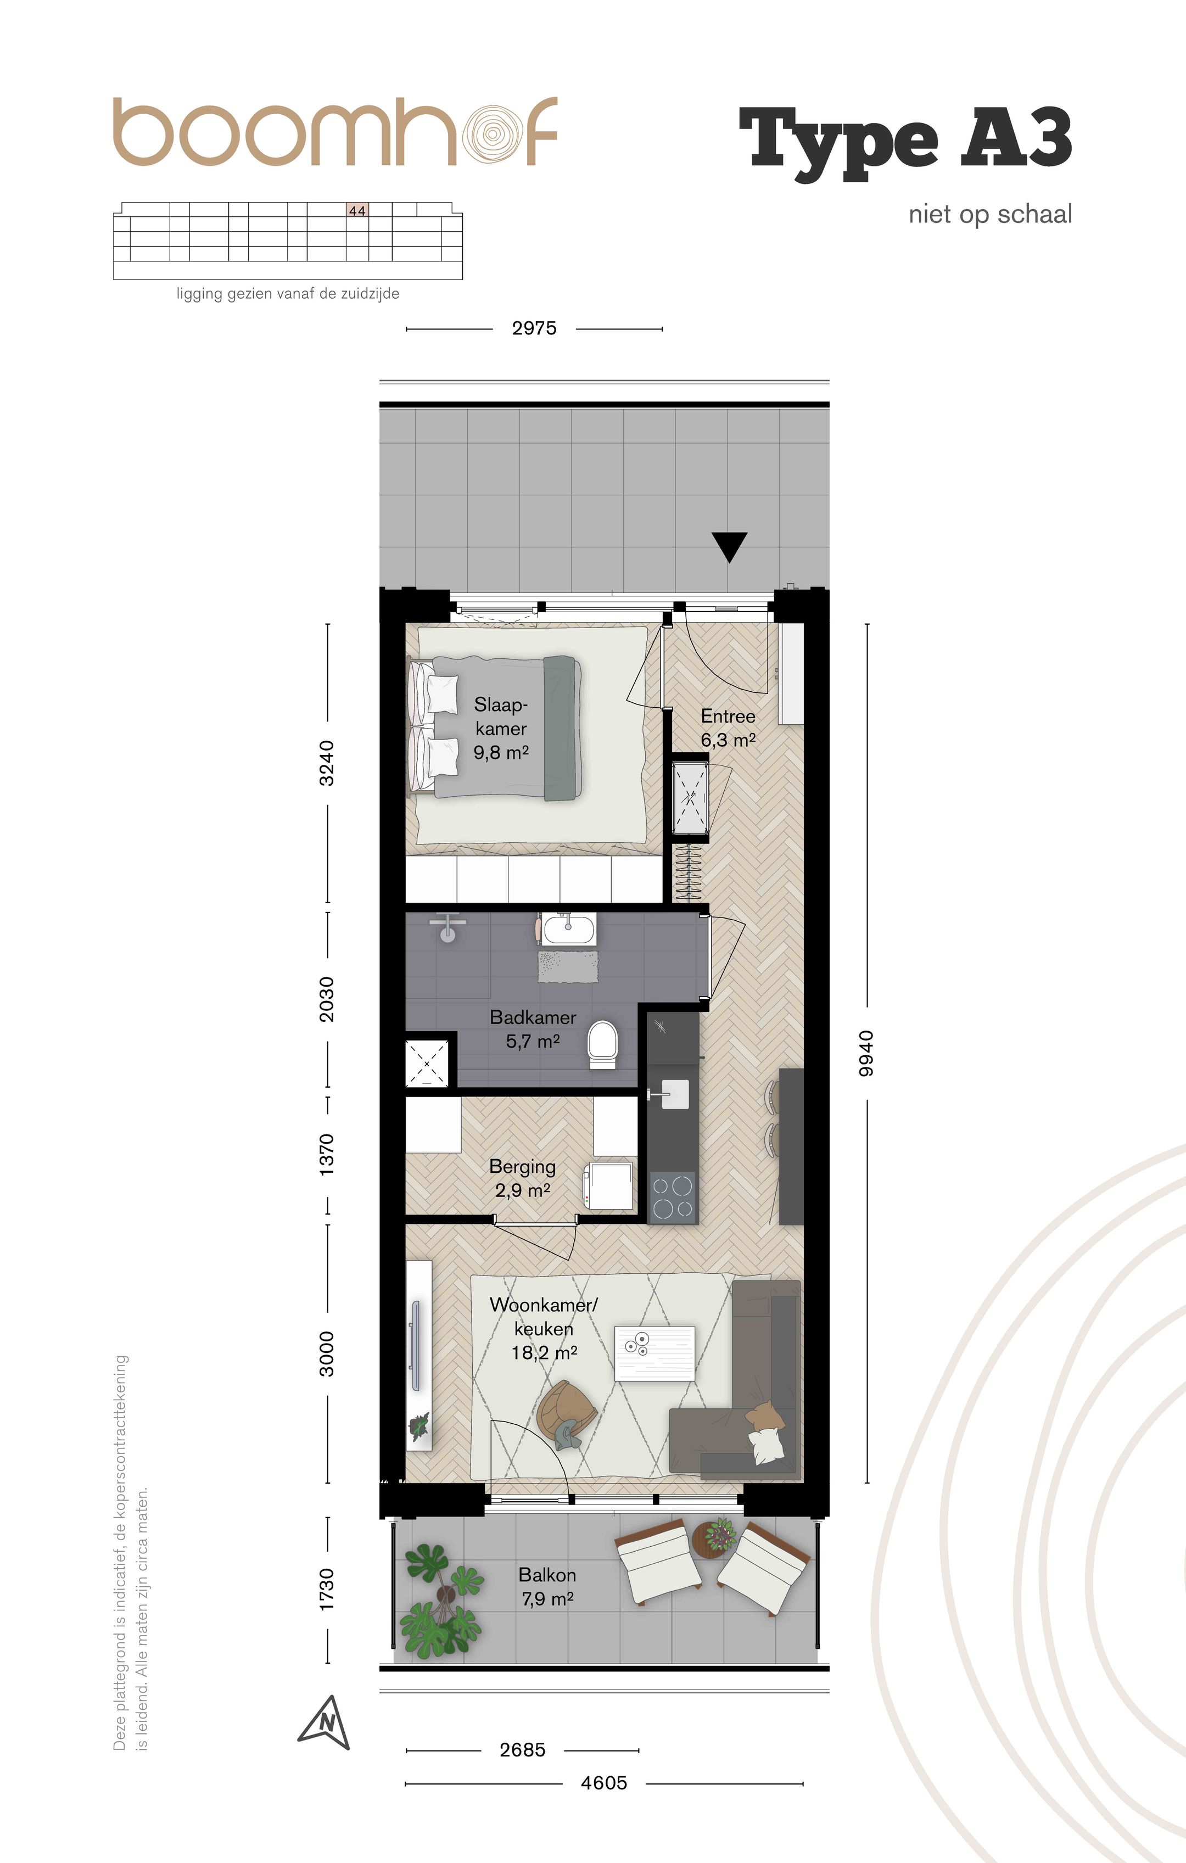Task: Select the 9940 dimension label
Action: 866,1053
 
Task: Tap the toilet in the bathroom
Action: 603,1044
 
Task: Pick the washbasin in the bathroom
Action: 569,929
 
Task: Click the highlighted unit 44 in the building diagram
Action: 357,210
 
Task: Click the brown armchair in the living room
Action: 567,1413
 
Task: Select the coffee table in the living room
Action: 654,1352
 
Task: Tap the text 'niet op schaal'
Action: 991,214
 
